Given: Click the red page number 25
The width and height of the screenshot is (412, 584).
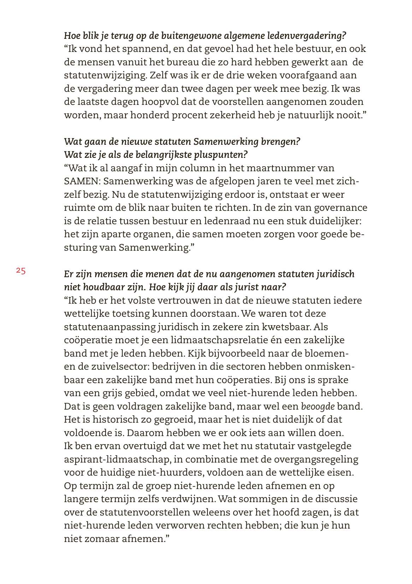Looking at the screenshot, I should [20, 271].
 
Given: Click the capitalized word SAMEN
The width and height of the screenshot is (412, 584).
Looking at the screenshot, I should [81, 181].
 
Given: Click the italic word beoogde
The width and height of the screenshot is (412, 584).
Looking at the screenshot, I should [318, 406].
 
